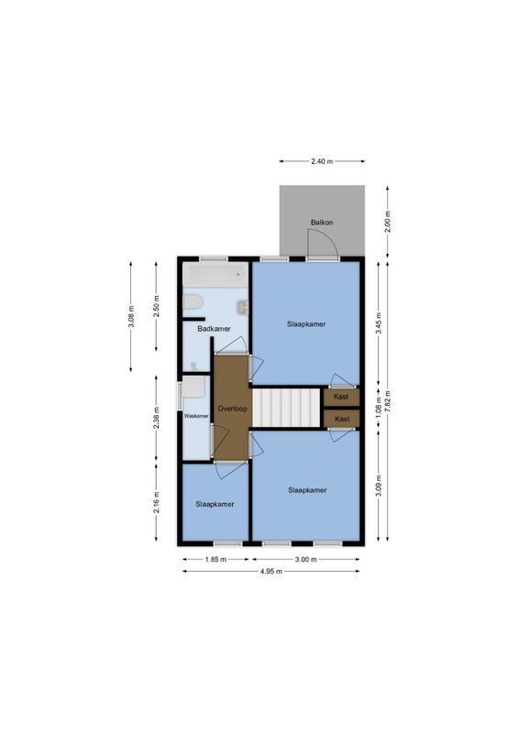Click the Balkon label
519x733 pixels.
click(321, 223)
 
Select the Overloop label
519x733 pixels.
click(232, 408)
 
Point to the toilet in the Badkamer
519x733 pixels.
click(193, 301)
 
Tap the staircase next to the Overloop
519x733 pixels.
click(286, 407)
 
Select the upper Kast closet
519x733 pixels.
click(341, 397)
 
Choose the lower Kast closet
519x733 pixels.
click(341, 419)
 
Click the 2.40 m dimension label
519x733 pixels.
click(321, 161)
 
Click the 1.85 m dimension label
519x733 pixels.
click(215, 559)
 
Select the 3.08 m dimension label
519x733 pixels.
click(131, 316)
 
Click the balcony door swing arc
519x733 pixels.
click(323, 242)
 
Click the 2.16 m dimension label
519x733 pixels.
click(157, 501)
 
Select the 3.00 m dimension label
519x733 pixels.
click(305, 559)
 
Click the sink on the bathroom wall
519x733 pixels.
click(244, 307)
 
